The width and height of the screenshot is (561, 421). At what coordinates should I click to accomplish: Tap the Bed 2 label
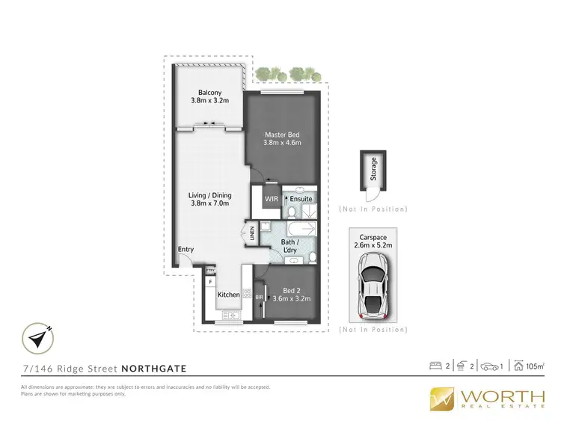(292, 291)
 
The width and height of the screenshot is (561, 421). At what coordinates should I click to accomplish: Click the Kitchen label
(228, 295)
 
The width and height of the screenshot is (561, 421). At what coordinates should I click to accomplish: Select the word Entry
(186, 250)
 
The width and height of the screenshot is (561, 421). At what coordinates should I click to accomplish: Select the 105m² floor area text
(534, 366)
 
